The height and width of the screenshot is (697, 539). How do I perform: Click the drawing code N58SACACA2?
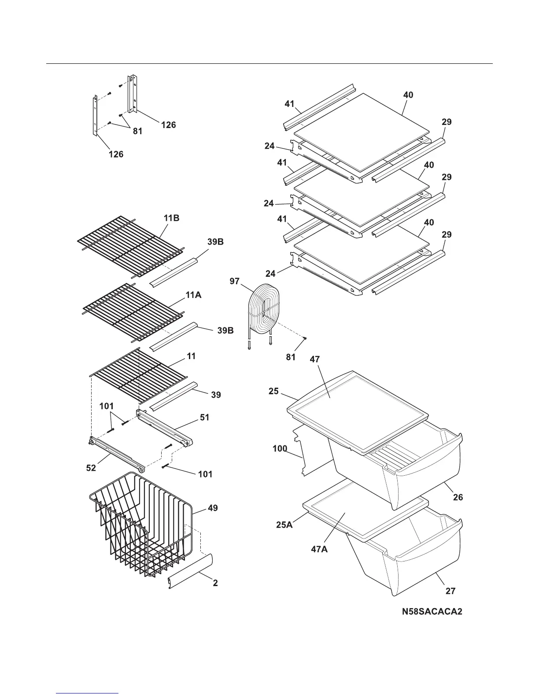click(x=432, y=612)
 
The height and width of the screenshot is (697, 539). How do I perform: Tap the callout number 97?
click(x=235, y=281)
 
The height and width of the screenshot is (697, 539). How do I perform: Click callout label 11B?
click(x=171, y=218)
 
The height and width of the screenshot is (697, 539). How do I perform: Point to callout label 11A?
click(x=193, y=295)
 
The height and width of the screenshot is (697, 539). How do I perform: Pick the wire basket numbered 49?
click(x=141, y=524)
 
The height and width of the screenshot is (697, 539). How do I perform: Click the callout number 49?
click(x=213, y=508)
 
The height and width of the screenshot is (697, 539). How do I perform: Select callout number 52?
click(x=91, y=468)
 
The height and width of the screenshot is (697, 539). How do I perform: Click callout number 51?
click(x=204, y=417)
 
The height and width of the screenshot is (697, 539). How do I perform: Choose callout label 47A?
click(x=319, y=549)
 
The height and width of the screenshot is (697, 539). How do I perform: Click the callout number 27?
click(x=450, y=591)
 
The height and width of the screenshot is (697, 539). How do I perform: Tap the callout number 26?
click(x=458, y=497)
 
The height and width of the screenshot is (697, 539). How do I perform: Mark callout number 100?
click(x=280, y=449)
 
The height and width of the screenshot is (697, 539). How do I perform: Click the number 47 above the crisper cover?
click(x=314, y=360)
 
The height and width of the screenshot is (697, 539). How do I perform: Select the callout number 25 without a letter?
click(x=273, y=391)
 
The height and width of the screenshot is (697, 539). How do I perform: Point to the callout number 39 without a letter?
click(x=216, y=395)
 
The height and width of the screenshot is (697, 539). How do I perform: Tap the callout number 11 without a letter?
click(x=191, y=356)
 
